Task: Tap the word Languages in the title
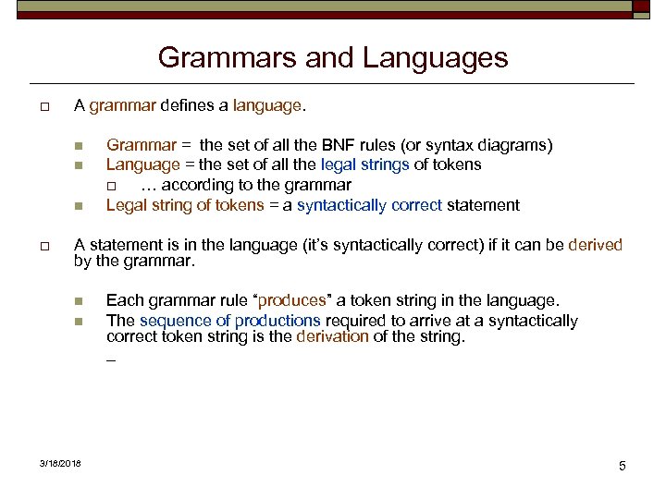[x=436, y=58]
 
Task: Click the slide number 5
[x=623, y=466]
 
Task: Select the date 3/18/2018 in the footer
[x=60, y=463]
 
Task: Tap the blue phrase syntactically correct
[x=369, y=205]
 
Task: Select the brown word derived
[x=596, y=245]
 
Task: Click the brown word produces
[x=292, y=301]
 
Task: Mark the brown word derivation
[x=332, y=336]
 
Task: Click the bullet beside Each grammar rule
[x=79, y=301]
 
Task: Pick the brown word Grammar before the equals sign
[x=141, y=145]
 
